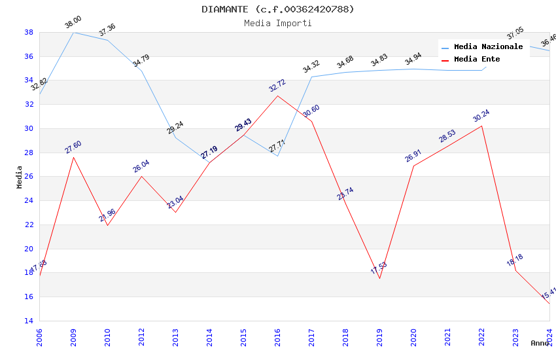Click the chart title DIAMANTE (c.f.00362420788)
click(x=278, y=9)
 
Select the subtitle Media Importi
click(x=278, y=23)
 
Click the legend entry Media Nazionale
click(x=488, y=46)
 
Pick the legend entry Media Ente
click(x=477, y=59)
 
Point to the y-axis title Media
click(x=20, y=177)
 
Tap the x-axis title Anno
click(x=540, y=343)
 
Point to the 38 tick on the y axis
click(x=29, y=32)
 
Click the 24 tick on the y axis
click(x=29, y=200)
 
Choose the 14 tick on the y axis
click(x=29, y=321)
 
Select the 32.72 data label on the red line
click(x=277, y=86)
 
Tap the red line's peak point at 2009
click(x=73, y=157)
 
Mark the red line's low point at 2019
click(x=379, y=278)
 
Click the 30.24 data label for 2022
click(x=481, y=116)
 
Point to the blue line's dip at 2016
click(x=277, y=156)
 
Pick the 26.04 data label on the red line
click(x=141, y=166)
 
